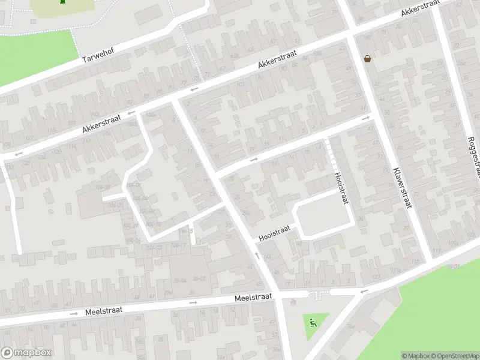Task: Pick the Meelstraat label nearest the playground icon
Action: click(253, 297)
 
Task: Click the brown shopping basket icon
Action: click(367, 58)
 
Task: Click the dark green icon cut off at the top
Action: click(62, 2)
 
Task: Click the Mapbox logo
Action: click(26, 353)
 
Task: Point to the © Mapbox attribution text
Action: click(414, 356)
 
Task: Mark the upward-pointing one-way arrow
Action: click(257, 256)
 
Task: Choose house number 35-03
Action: click(199, 278)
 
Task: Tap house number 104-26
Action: click(115, 205)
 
